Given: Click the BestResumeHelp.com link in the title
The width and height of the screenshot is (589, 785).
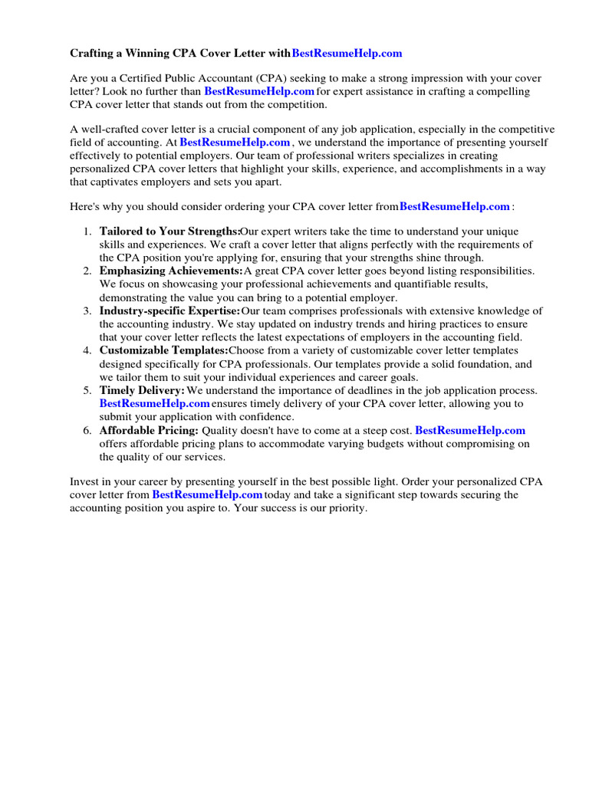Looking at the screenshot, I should (347, 54).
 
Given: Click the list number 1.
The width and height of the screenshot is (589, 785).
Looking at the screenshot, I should (87, 232).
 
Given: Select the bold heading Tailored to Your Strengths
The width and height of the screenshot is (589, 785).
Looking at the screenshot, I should (169, 232).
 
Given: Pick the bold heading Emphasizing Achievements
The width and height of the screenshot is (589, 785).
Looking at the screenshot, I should (171, 271).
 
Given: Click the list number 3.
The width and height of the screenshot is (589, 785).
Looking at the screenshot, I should (87, 311).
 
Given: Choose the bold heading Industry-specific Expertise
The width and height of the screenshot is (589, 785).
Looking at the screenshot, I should (169, 311).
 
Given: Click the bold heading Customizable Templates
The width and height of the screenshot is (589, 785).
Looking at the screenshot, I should (164, 351).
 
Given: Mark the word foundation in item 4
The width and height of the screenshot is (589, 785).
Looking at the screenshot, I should (466, 364).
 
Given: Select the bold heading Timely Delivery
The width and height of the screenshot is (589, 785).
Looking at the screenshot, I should (142, 391).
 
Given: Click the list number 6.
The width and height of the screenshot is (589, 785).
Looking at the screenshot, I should (87, 431).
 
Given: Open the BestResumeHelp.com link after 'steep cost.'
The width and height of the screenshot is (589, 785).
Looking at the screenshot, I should (470, 431).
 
